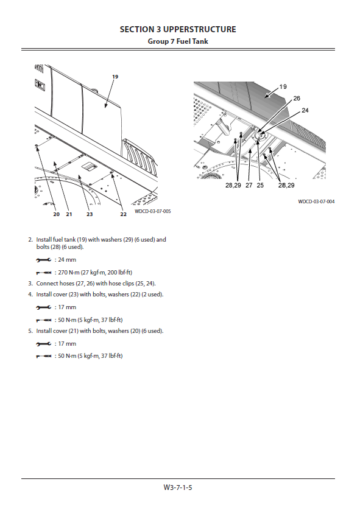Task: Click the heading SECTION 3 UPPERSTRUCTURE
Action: click(178, 29)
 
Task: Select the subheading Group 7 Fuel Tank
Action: click(178, 41)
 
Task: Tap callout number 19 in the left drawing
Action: click(115, 77)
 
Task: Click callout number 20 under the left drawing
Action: click(56, 214)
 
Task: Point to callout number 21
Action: click(69, 214)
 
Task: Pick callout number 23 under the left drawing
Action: click(90, 214)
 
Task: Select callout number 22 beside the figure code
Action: click(123, 214)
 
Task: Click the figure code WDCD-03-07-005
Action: click(152, 211)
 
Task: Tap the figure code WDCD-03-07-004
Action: click(316, 201)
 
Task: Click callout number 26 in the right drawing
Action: click(297, 99)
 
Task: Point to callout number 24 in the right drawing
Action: click(305, 110)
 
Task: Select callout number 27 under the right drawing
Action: click(249, 185)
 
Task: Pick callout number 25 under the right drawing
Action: click(260, 185)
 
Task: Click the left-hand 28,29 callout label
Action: click(233, 185)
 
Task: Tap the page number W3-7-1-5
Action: click(178, 488)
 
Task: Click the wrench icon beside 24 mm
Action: click(44, 260)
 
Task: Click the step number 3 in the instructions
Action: click(30, 283)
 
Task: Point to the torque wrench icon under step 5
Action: click(44, 356)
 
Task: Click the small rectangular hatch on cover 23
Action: click(89, 167)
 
